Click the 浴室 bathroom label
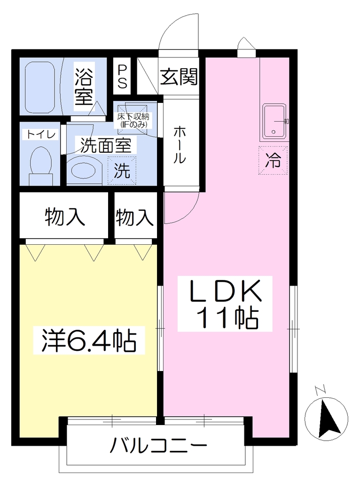pyautogui.click(x=84, y=86)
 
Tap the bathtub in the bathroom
pyautogui.click(x=40, y=87)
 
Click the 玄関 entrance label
pyautogui.click(x=179, y=77)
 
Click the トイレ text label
pyautogui.click(x=41, y=134)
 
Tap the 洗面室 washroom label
pyautogui.click(x=106, y=146)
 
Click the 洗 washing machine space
pyautogui.click(x=122, y=171)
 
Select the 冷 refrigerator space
pyautogui.click(x=273, y=161)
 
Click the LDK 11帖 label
pyautogui.click(x=225, y=304)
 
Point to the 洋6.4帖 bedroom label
pyautogui.click(x=89, y=341)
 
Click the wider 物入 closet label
pyautogui.click(x=64, y=217)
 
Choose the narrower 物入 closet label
pyautogui.click(x=135, y=217)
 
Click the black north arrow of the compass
pyautogui.click(x=326, y=418)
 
